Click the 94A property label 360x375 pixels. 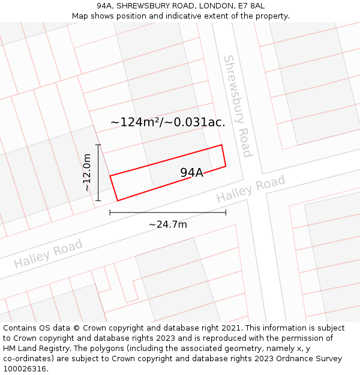[x=192, y=173]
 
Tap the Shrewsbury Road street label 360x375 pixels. [x=238, y=106]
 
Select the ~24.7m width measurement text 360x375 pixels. [x=168, y=224]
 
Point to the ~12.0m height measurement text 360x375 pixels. [x=88, y=173]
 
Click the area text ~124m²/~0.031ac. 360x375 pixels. [x=168, y=122]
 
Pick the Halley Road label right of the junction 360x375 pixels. [x=251, y=189]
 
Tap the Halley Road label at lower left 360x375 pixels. [x=48, y=254]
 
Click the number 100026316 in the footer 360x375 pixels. [x=25, y=369]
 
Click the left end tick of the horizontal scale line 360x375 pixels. [x=110, y=212]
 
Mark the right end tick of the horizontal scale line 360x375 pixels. [x=226, y=212]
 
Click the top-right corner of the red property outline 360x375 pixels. [x=222, y=145]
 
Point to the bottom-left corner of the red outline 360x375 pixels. [x=117, y=200]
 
